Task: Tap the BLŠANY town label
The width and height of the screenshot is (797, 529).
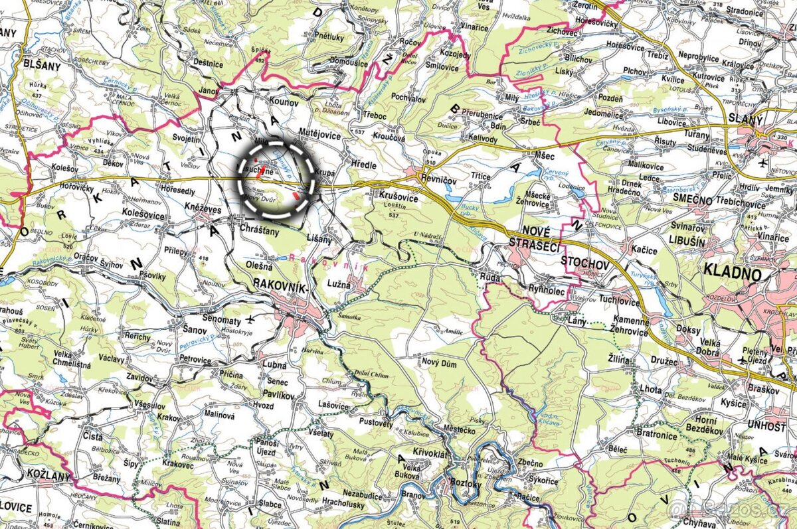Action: [41, 66]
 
